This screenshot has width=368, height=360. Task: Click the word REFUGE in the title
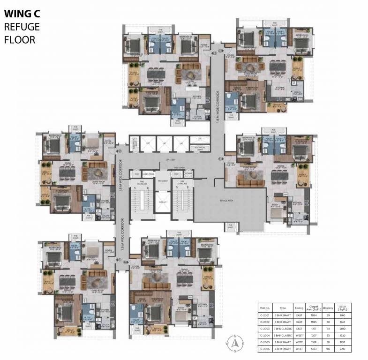[22, 27]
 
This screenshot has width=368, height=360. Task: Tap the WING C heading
[22, 14]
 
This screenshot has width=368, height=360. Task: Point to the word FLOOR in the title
[19, 40]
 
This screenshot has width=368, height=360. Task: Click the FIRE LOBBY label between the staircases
[163, 180]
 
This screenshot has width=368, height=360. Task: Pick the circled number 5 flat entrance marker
[219, 159]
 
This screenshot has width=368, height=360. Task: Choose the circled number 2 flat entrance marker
[119, 151]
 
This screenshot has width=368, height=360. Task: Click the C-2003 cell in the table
[265, 329]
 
